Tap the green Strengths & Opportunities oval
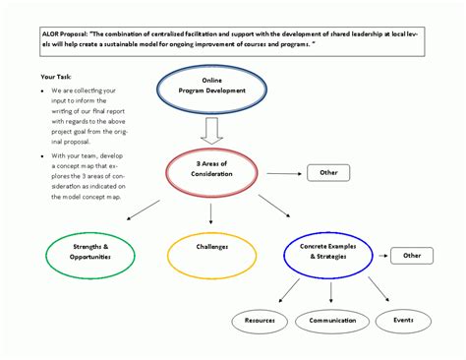coord(90,252)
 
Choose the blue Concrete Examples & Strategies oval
coord(327,253)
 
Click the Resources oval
coord(261,320)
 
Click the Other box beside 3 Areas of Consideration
coord(327,173)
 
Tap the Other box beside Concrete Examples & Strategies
coord(411,255)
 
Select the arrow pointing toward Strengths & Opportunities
coord(143,210)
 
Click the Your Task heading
coord(56,76)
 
